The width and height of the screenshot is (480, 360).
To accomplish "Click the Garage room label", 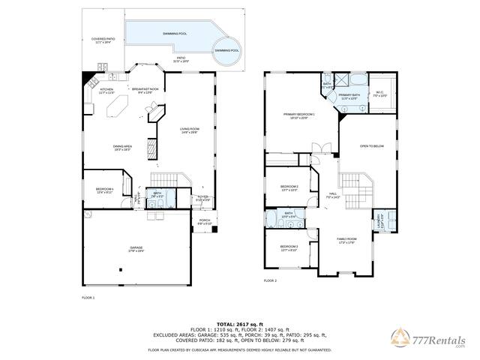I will click(136, 248).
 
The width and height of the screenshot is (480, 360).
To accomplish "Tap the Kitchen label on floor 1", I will click(107, 91).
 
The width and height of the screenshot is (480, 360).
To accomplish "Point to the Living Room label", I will click(190, 130).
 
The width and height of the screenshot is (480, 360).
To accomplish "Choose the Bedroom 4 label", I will click(104, 190).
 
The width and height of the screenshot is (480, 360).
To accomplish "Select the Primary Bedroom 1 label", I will click(298, 115).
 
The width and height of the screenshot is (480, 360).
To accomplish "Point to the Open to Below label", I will click(371, 146).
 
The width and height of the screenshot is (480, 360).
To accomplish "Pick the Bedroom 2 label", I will click(289, 187).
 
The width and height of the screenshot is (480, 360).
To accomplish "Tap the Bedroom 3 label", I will click(289, 248).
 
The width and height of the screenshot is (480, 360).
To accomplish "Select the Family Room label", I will click(346, 240).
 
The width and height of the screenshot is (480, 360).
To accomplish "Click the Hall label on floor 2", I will click(332, 195).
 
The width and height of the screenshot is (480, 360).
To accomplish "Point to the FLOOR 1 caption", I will click(88, 298).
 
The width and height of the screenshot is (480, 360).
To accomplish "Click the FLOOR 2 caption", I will click(270, 280).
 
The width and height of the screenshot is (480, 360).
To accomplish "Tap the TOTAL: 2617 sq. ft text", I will click(240, 323).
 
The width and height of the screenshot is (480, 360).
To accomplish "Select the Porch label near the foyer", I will click(205, 222).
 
